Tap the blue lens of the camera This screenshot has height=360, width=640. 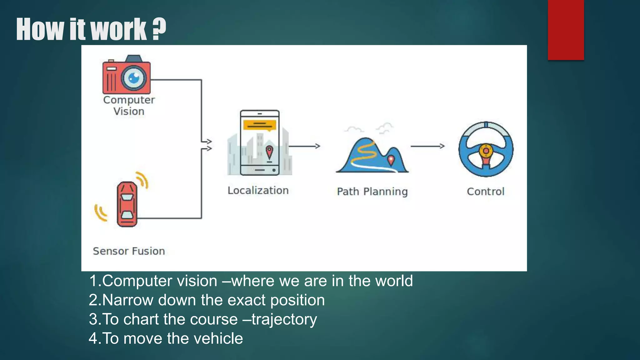point(134,78)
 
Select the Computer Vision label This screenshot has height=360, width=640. point(129,106)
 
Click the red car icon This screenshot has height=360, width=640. point(127,204)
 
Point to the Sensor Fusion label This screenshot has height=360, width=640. point(129,251)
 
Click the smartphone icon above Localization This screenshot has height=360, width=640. point(260,142)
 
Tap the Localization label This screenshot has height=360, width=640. point(258,190)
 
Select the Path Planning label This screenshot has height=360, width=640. point(372,191)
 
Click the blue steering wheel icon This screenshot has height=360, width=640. point(486,149)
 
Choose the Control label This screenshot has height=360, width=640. point(486,191)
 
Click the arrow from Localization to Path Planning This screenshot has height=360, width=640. point(304,146)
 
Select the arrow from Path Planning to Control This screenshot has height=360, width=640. point(427,146)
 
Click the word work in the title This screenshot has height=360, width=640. point(119,29)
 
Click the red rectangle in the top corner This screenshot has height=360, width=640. point(566,30)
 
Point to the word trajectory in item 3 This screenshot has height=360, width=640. point(284,319)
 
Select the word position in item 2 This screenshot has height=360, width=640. point(297,300)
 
